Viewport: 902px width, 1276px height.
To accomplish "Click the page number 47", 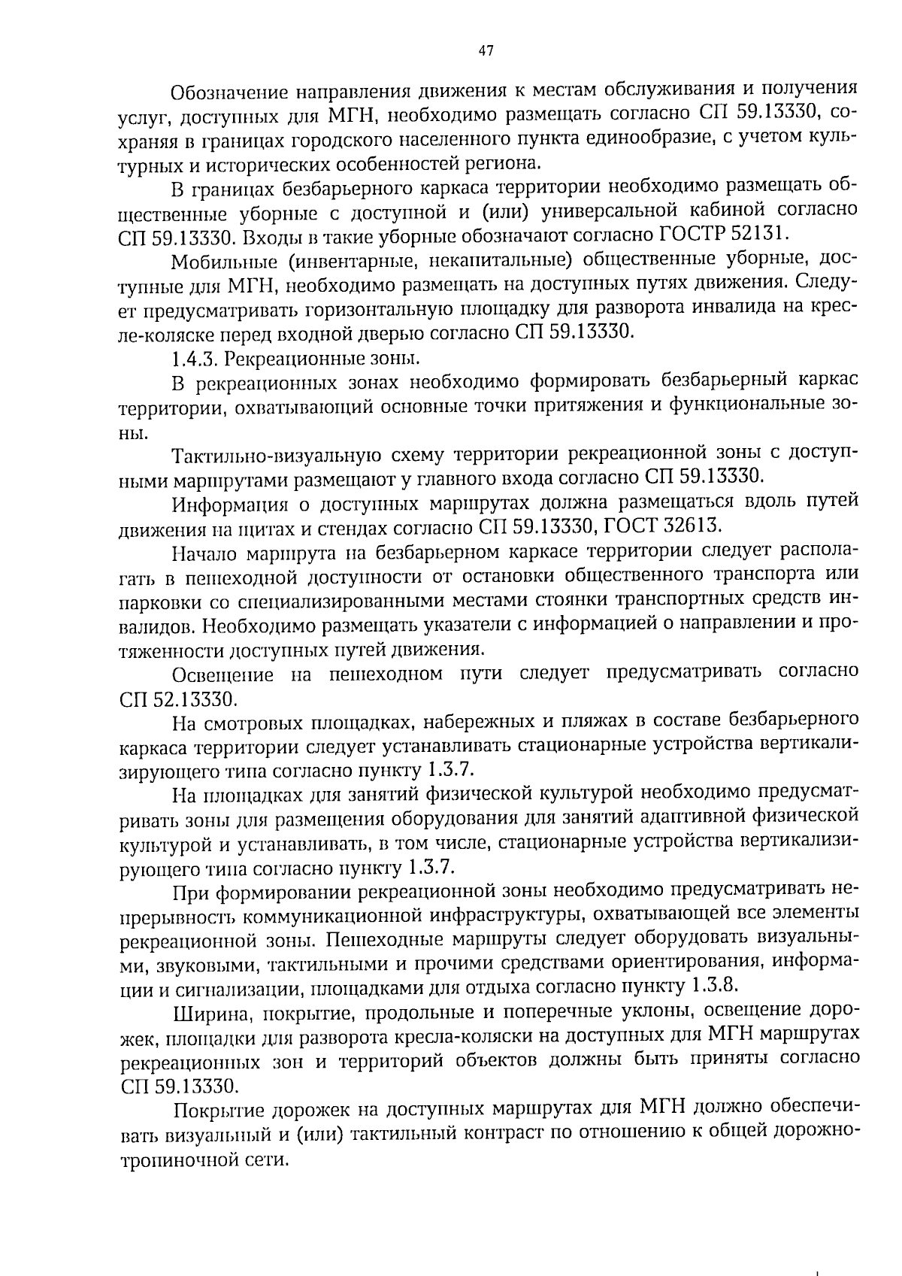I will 485,51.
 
